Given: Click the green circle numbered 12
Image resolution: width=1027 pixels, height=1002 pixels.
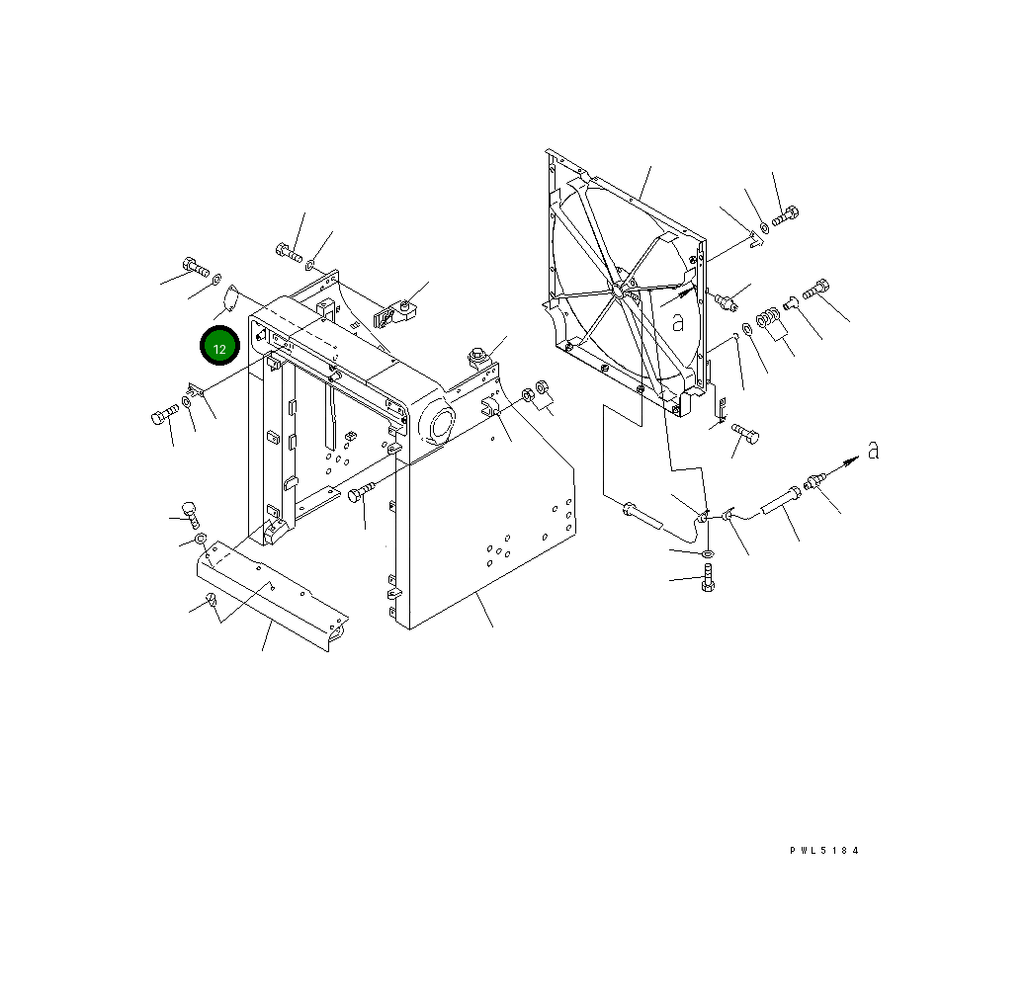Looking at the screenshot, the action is click(x=219, y=347).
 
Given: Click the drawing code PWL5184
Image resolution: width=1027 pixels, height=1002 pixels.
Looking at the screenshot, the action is click(x=824, y=851).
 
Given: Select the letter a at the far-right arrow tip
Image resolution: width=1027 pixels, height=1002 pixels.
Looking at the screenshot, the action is click(x=873, y=450).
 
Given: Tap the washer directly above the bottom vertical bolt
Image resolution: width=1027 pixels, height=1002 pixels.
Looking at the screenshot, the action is click(x=708, y=554).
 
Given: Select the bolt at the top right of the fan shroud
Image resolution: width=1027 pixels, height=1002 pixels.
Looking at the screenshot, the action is click(x=785, y=215).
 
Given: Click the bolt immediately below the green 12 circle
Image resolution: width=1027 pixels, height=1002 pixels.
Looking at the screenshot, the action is click(x=164, y=414).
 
